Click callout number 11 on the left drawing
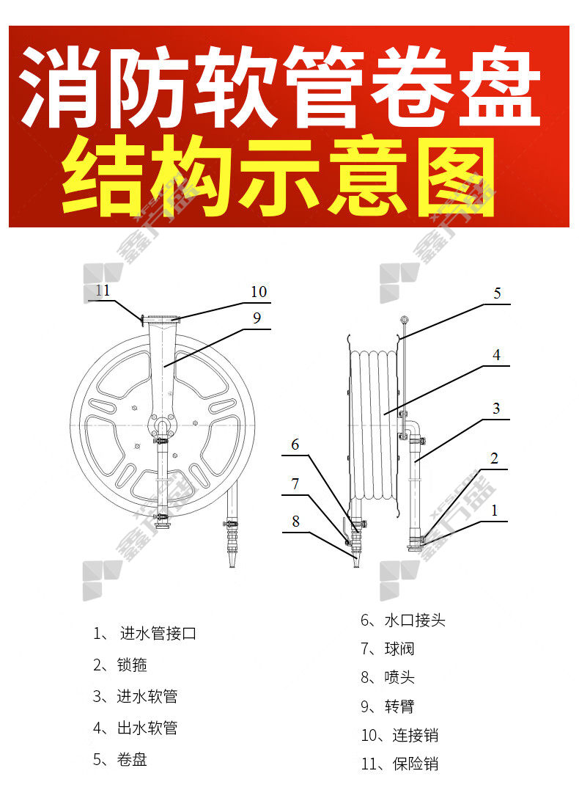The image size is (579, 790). coord(103,290)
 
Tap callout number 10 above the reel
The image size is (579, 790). coord(259,292)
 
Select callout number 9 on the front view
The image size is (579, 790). coord(257,318)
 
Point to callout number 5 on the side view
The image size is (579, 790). coord(497,293)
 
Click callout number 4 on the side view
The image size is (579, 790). coord(496,355)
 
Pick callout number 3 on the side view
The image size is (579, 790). coord(496,408)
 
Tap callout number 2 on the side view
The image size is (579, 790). coord(495,458)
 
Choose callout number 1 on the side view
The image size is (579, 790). coord(495,511)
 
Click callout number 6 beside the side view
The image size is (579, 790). coord(295,445)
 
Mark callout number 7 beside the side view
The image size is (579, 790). coord(295,483)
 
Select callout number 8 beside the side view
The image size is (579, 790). coord(295,521)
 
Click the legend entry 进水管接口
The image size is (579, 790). coord(158,633)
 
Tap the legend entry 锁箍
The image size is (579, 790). coord(132,665)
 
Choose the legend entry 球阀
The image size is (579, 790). coord(399,648)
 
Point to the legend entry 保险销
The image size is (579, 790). coord(416,764)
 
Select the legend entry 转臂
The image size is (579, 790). coord(399,706)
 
